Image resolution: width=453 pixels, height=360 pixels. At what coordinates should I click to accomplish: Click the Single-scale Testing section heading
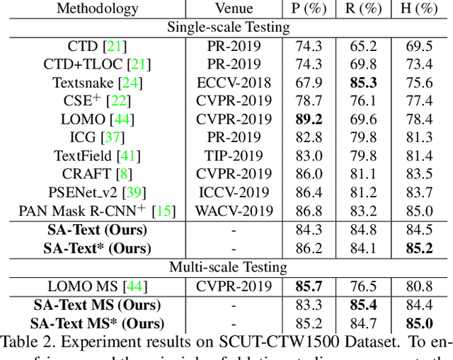(228, 28)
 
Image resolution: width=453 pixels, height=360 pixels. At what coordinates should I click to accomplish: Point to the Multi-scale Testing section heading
(228, 267)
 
